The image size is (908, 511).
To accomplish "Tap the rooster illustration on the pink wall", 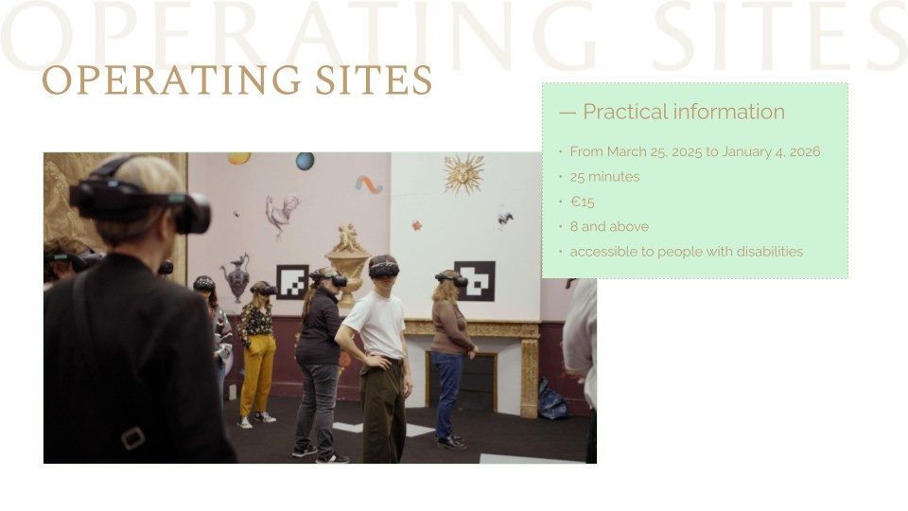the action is (282, 216).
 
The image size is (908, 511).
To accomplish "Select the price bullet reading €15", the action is (582, 202).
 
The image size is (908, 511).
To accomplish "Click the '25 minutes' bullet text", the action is (604, 177).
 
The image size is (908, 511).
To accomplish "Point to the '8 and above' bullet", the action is (609, 226).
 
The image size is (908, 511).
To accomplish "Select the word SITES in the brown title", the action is (375, 79).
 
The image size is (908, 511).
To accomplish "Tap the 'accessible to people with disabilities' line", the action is (687, 252).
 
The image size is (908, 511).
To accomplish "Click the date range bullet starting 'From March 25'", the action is (695, 151).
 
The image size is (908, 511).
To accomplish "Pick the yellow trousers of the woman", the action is (257, 373).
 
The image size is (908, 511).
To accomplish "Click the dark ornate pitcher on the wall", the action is (236, 277).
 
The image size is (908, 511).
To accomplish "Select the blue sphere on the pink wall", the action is (306, 161).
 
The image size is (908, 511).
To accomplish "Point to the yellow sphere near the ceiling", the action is (239, 158).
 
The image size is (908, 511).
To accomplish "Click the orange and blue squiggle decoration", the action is (369, 185).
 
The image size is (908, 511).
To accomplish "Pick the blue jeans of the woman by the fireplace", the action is (447, 393).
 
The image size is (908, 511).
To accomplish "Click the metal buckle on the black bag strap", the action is (133, 438).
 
